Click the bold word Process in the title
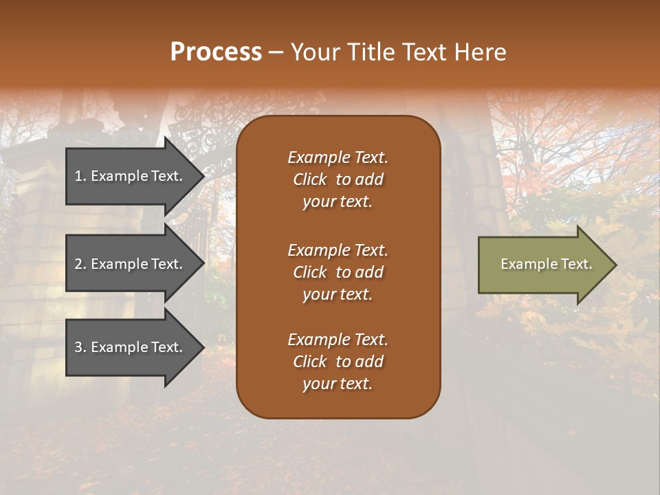pyautogui.click(x=216, y=52)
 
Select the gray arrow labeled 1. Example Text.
pyautogui.click(x=131, y=176)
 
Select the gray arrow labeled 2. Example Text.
pyautogui.click(x=131, y=264)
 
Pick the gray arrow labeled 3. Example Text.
pyautogui.click(x=131, y=347)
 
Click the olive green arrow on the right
pyautogui.click(x=543, y=265)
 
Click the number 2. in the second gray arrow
pyautogui.click(x=80, y=264)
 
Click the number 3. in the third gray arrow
pyautogui.click(x=80, y=347)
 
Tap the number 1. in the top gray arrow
pyautogui.click(x=80, y=176)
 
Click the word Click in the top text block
pyautogui.click(x=310, y=180)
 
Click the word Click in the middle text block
pyautogui.click(x=310, y=273)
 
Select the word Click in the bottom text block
pyautogui.click(x=310, y=362)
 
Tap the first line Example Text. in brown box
pyautogui.click(x=338, y=158)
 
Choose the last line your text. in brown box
pyautogui.click(x=338, y=384)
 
